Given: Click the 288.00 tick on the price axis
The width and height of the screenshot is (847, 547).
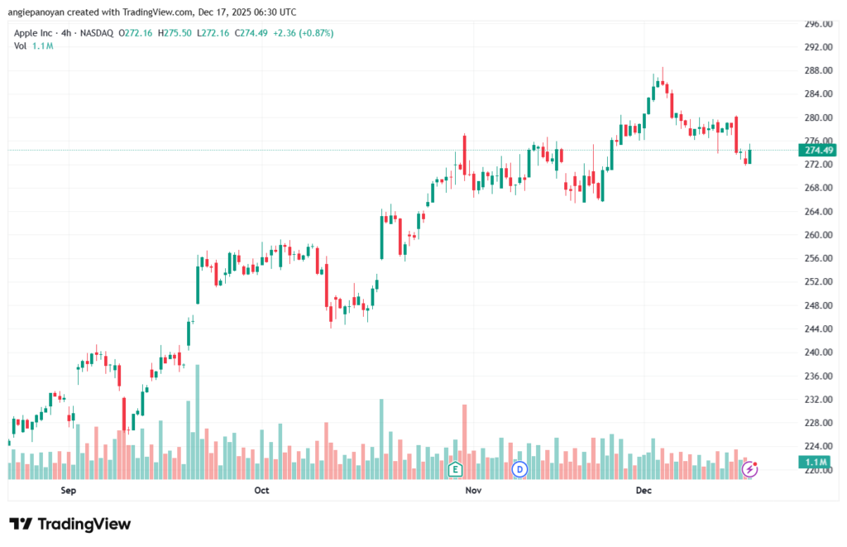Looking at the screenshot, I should click(x=817, y=70).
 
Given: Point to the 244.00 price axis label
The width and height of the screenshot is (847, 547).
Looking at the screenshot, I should click(x=817, y=329).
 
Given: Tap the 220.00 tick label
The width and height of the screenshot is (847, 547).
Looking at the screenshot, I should click(x=817, y=470).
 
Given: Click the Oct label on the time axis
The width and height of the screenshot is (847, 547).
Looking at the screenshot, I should click(x=261, y=491).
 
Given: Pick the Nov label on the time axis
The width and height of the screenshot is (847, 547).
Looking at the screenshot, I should click(x=473, y=491).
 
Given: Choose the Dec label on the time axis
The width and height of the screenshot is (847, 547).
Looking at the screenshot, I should click(x=644, y=491).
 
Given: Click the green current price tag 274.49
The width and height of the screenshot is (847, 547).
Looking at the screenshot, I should click(x=819, y=150).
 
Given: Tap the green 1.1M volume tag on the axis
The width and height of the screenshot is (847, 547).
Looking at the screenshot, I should click(x=818, y=461).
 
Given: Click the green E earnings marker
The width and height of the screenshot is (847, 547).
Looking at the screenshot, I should click(x=454, y=469).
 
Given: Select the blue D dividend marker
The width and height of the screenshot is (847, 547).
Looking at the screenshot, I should click(x=519, y=469).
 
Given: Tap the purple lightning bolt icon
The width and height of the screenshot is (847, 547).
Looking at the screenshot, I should click(x=749, y=469).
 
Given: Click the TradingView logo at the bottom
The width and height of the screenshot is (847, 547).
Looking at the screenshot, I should click(x=69, y=524).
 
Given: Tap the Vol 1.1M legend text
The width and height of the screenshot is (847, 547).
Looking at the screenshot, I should click(x=33, y=46).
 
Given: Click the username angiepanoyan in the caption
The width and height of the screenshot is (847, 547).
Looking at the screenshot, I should click(x=37, y=12).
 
